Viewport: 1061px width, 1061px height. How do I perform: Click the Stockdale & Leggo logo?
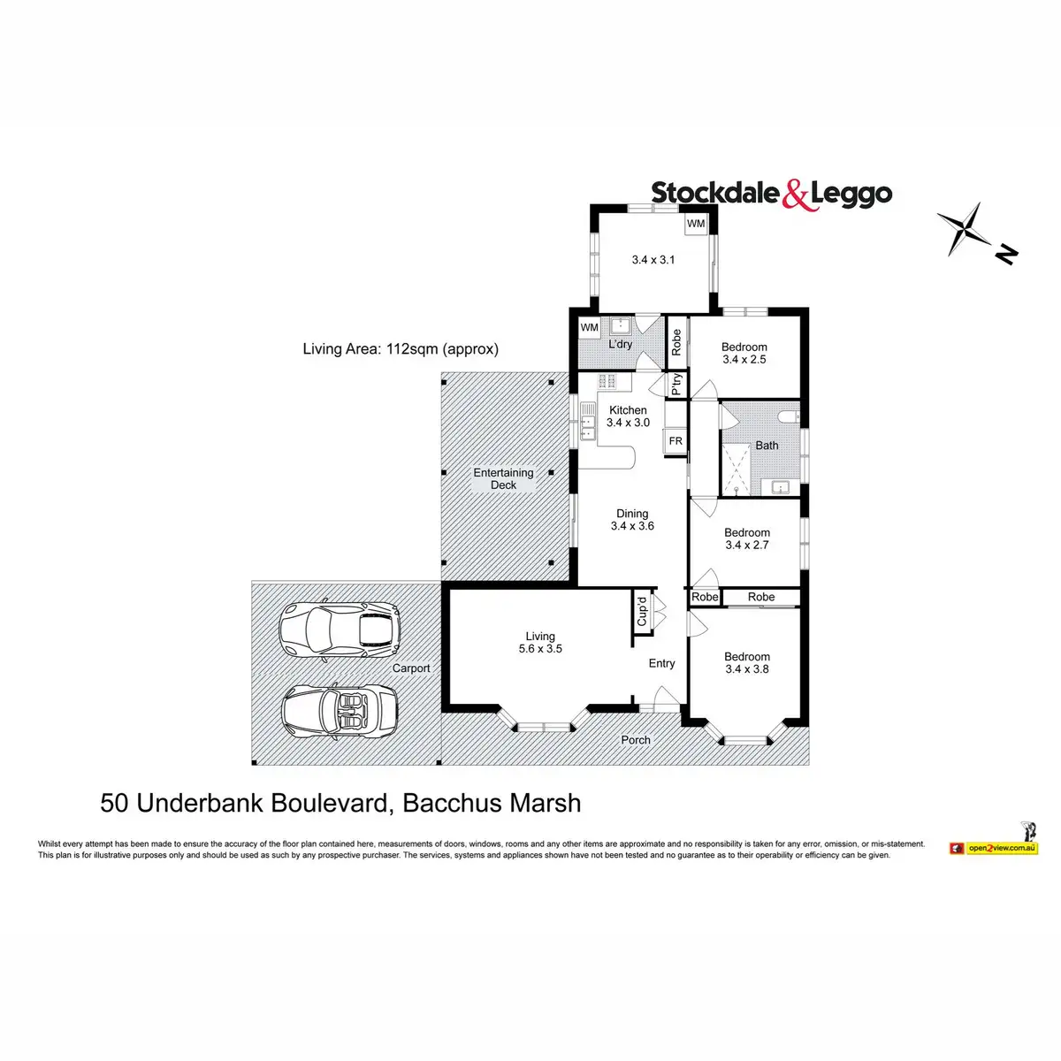(771, 194)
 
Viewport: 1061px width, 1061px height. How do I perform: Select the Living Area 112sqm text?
(401, 348)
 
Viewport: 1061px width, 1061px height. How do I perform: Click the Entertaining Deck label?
(503, 478)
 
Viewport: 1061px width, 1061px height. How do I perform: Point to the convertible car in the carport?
(340, 710)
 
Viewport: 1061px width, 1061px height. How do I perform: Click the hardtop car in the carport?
(340, 630)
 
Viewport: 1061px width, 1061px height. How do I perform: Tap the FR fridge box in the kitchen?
(676, 441)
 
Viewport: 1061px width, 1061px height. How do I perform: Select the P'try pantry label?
(676, 383)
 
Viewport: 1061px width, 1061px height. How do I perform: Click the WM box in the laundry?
(590, 327)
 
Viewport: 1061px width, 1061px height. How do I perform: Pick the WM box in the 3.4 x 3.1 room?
(696, 224)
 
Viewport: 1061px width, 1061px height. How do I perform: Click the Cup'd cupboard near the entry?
(643, 610)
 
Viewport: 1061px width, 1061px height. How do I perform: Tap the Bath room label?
(767, 446)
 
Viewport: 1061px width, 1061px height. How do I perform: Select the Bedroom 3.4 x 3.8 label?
(747, 662)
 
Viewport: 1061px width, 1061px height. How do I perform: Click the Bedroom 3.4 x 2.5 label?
(744, 353)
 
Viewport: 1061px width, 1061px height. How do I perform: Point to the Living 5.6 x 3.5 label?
(540, 642)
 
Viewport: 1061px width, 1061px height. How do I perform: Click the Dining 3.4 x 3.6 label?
(632, 519)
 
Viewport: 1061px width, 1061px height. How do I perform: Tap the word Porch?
(636, 740)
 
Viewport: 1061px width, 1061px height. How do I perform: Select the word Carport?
(411, 668)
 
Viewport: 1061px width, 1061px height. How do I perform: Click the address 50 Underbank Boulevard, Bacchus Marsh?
(340, 803)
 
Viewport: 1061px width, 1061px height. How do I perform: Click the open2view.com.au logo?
(994, 847)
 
